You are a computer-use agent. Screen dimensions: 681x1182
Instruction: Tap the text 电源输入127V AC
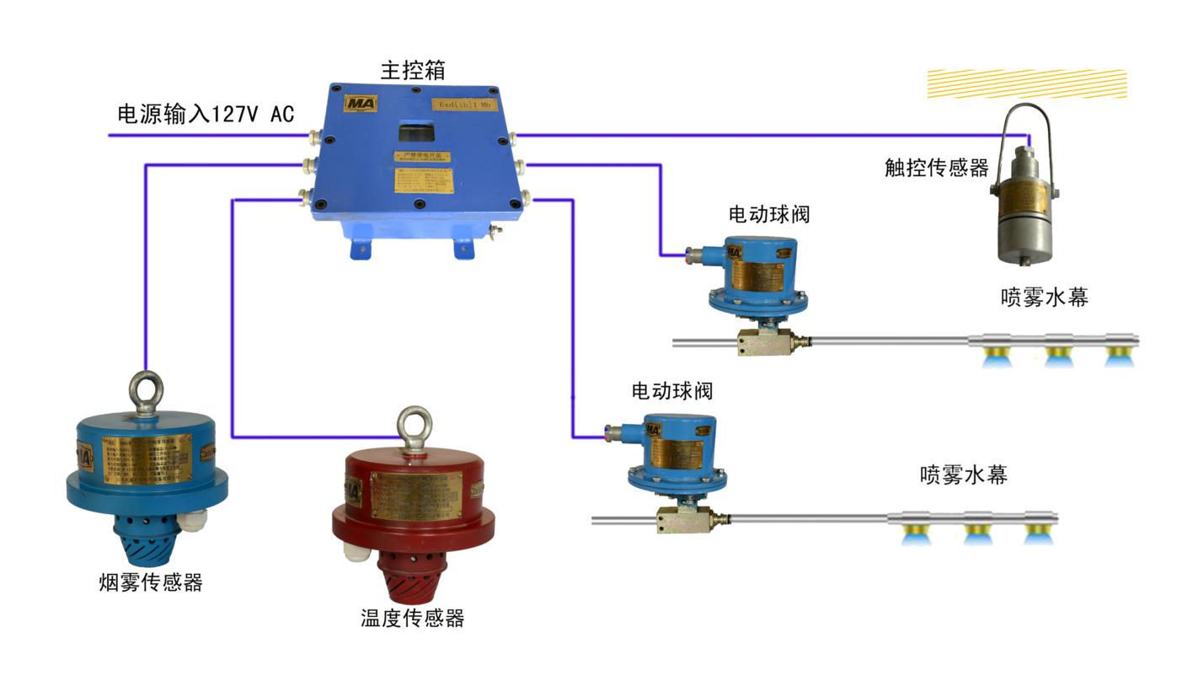pos(206,114)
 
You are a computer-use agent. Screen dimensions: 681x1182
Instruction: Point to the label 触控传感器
pos(936,168)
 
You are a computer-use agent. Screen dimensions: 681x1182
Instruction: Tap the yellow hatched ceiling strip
pos(1026,83)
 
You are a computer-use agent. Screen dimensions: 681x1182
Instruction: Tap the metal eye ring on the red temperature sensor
pos(415,424)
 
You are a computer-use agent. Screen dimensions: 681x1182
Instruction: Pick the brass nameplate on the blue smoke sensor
pos(148,458)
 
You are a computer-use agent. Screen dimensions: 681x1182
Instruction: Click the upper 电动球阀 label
pos(768,214)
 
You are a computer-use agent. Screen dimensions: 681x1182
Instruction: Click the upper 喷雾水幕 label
pos(1045,297)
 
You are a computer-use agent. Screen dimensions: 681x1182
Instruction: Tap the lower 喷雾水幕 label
pos(963,475)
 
